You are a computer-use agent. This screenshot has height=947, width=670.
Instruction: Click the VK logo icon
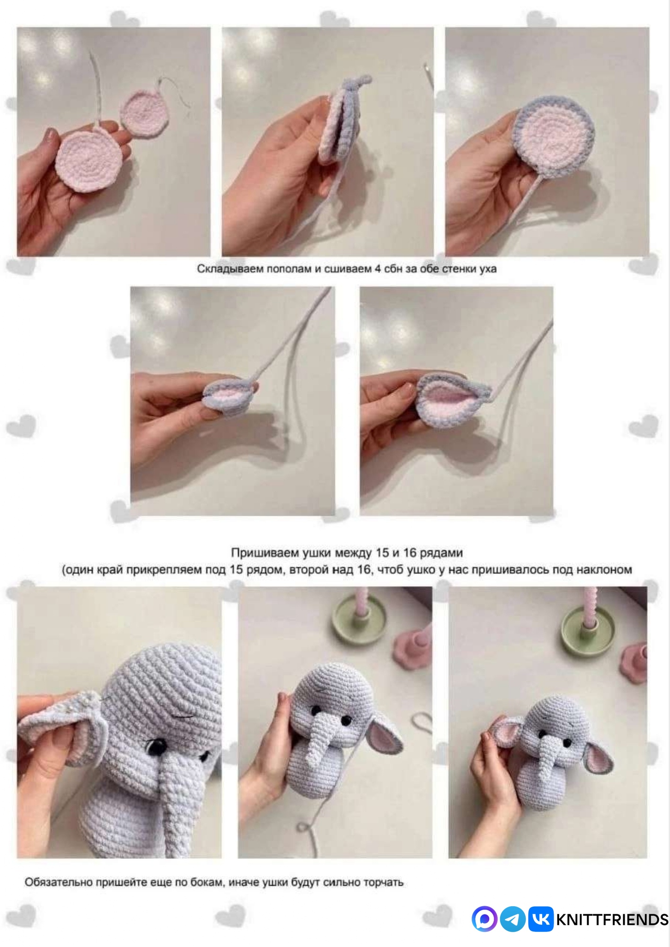[540, 919]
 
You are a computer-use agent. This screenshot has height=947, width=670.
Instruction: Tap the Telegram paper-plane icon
[512, 919]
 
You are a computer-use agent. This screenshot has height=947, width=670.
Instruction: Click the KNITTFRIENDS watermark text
[612, 920]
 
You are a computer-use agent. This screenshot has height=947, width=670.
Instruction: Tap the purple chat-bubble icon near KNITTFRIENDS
[484, 919]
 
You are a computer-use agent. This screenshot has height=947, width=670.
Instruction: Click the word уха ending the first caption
[487, 269]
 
